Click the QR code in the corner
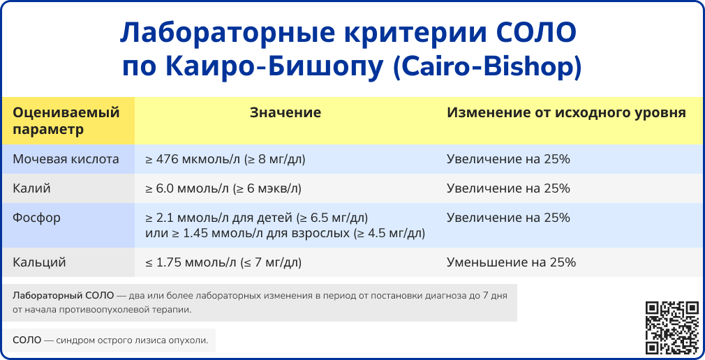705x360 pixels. [671, 327]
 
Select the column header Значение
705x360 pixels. [285, 112]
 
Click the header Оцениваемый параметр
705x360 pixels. [66, 121]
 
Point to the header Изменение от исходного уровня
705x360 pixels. [566, 112]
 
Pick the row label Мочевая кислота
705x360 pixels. [66, 159]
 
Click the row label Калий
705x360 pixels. [31, 188]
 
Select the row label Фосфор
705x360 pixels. [36, 218]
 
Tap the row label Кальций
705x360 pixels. [39, 262]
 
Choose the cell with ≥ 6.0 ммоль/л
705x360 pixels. [223, 188]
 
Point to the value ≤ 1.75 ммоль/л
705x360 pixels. [223, 262]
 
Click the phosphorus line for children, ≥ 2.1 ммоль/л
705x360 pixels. [256, 218]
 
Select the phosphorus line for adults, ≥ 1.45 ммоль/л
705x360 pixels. [285, 232]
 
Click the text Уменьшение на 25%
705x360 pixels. [511, 262]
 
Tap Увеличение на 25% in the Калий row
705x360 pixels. [508, 188]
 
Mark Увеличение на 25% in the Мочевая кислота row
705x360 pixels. [508, 159]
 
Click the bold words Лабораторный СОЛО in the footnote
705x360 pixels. [63, 296]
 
